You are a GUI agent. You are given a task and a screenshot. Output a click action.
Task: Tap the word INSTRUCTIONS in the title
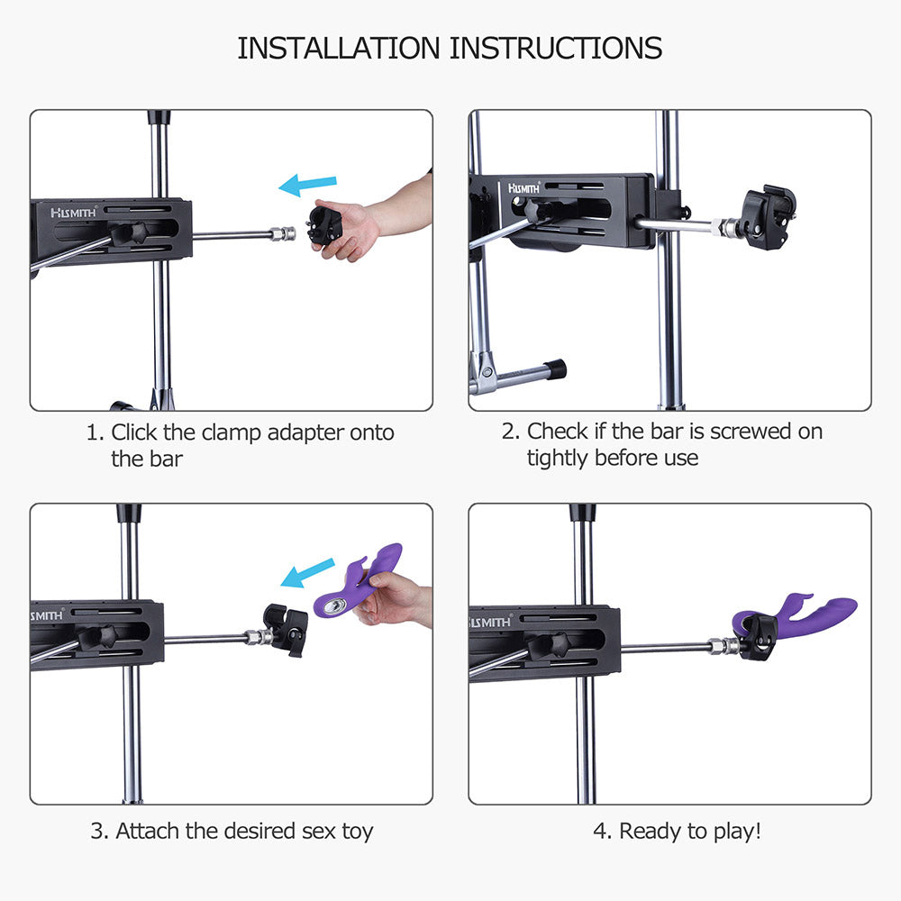coord(556,48)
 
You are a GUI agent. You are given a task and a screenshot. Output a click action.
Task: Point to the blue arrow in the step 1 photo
coord(307,186)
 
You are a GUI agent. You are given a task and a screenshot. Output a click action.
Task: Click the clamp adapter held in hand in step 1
coord(325,225)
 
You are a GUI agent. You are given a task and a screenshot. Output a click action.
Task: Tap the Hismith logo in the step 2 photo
coord(524,187)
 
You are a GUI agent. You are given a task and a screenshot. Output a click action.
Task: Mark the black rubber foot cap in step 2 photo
coord(555,369)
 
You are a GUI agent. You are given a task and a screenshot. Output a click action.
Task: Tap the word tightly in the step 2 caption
coord(559,458)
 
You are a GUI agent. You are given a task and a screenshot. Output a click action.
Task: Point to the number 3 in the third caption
coord(97,831)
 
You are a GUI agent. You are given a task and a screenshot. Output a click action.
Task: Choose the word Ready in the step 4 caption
coord(651,831)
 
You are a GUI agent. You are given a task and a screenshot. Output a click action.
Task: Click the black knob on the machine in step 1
coord(126,233)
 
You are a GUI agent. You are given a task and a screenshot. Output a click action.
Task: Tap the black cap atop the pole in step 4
coord(582,513)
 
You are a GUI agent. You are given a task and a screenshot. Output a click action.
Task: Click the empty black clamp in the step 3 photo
coord(286,628)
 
